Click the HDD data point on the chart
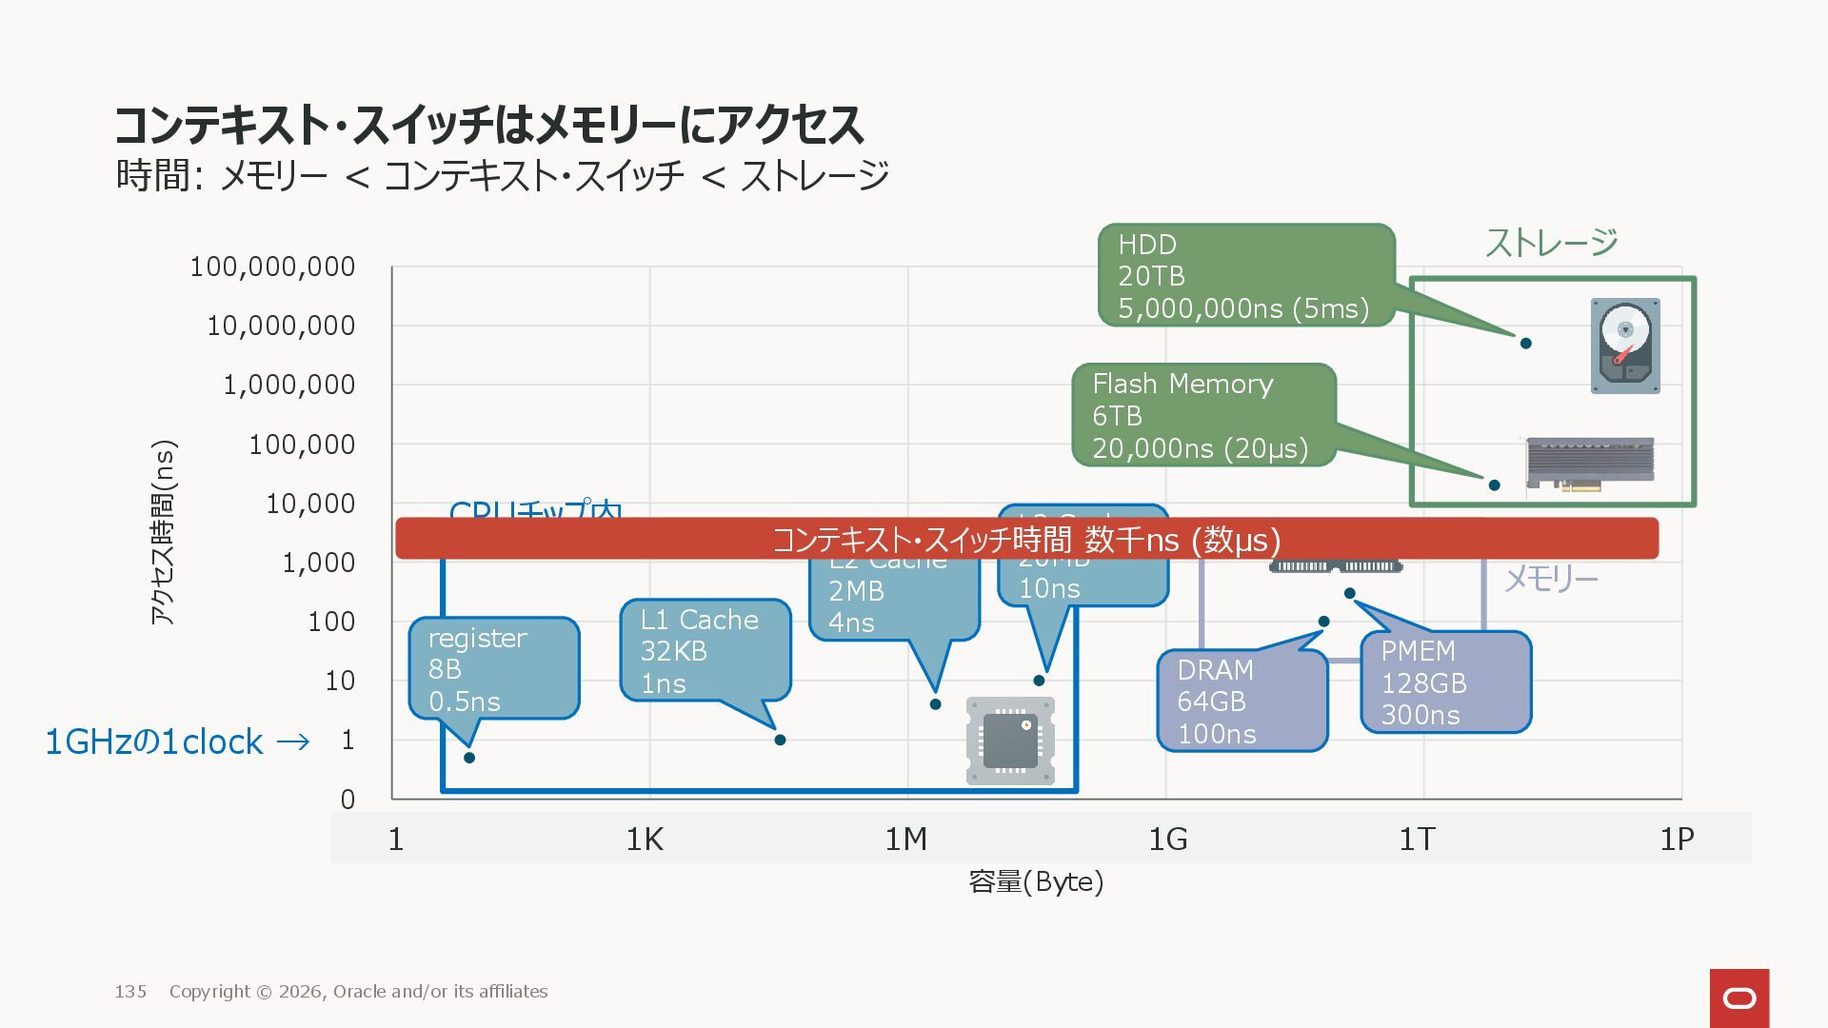(1525, 344)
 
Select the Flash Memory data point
(1494, 485)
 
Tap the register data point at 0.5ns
(469, 758)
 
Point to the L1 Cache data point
(780, 741)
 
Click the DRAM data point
(1323, 622)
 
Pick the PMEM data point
(1349, 594)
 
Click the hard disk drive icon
(1625, 346)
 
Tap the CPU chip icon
(1010, 741)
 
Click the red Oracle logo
(1739, 998)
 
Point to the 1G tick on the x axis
(1167, 840)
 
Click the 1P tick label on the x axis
(1677, 840)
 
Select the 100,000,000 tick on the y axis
(272, 267)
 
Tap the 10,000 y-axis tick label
(310, 504)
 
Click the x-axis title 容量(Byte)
(1036, 882)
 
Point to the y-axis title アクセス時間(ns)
(164, 532)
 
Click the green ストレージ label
(1551, 243)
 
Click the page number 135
(130, 992)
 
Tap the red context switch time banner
(1026, 539)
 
